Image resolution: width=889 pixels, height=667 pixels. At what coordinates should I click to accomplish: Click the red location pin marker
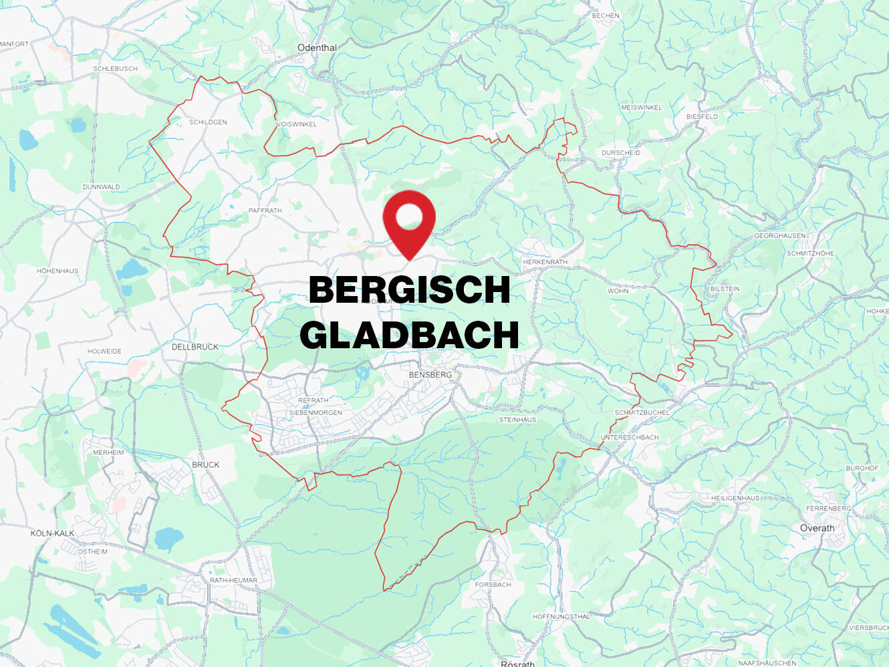point(409,221)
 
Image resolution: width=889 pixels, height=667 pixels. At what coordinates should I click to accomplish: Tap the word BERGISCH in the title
point(409,289)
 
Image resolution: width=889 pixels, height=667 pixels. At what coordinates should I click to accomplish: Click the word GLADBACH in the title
point(409,335)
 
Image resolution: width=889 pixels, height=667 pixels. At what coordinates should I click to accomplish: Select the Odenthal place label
point(317,48)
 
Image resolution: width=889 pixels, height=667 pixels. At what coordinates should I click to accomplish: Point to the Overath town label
point(817,528)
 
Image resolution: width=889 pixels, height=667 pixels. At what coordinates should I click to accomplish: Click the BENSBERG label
point(430,375)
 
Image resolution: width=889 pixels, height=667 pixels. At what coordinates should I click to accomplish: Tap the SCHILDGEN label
point(208,122)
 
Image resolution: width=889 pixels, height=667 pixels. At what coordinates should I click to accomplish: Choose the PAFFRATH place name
point(265,211)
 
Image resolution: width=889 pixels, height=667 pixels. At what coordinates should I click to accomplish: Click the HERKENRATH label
point(545,262)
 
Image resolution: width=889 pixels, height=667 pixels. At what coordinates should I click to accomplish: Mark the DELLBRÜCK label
point(195,348)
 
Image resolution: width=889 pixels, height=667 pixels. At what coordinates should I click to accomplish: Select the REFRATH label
point(313,400)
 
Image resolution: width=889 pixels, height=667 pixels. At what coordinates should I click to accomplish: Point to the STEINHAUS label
point(517,420)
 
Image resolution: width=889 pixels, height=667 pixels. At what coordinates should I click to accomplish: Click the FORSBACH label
point(493,585)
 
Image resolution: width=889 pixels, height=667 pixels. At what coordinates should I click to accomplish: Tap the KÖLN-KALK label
point(52,533)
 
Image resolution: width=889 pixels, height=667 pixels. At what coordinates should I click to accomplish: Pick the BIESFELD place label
point(702,116)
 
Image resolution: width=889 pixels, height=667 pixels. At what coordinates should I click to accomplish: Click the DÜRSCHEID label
point(620,153)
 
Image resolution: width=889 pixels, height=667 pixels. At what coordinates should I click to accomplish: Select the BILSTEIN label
point(725,289)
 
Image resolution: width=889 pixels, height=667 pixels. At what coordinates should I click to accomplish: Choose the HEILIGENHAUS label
point(735,498)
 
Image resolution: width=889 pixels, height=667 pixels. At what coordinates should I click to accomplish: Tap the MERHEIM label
point(108,452)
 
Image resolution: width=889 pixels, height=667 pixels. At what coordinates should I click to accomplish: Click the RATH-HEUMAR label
point(233,580)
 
